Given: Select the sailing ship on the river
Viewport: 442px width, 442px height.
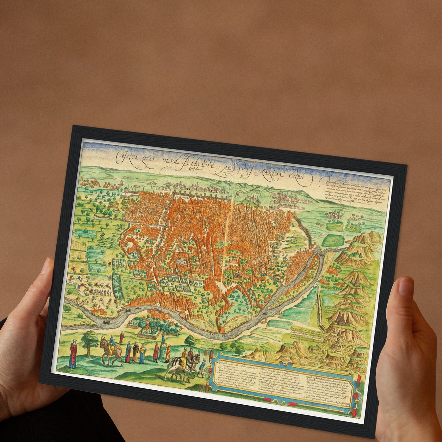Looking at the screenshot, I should tap(105, 321).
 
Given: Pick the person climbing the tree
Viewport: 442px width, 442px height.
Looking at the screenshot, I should tap(163, 338).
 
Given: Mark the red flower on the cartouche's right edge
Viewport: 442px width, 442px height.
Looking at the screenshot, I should tap(356, 396).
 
